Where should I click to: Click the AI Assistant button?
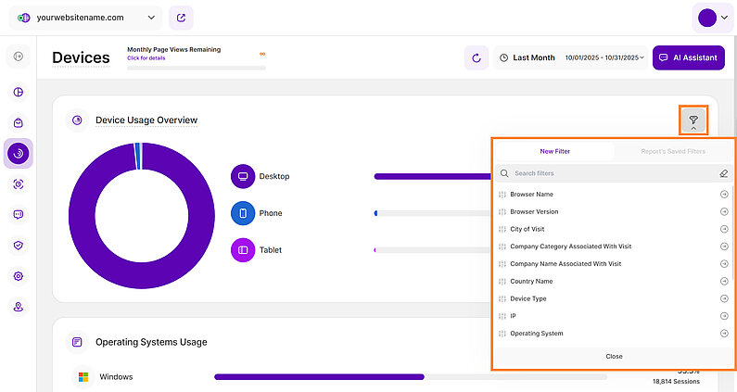click(x=688, y=57)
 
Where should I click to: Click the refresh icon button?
click(x=477, y=57)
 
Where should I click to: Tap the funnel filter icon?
click(x=693, y=120)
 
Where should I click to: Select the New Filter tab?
click(x=555, y=151)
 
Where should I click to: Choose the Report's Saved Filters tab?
click(x=672, y=151)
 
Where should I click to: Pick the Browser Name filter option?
click(x=531, y=195)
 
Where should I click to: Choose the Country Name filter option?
click(x=531, y=281)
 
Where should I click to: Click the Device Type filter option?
click(x=528, y=298)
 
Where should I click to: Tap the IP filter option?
click(x=513, y=316)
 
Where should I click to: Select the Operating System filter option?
click(x=536, y=334)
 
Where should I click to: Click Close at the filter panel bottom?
click(x=614, y=356)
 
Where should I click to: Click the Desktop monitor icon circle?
click(x=242, y=176)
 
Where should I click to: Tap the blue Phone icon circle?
click(x=242, y=213)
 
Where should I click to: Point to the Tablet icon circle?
click(x=242, y=250)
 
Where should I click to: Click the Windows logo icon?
click(x=83, y=377)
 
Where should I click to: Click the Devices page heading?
click(x=81, y=57)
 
